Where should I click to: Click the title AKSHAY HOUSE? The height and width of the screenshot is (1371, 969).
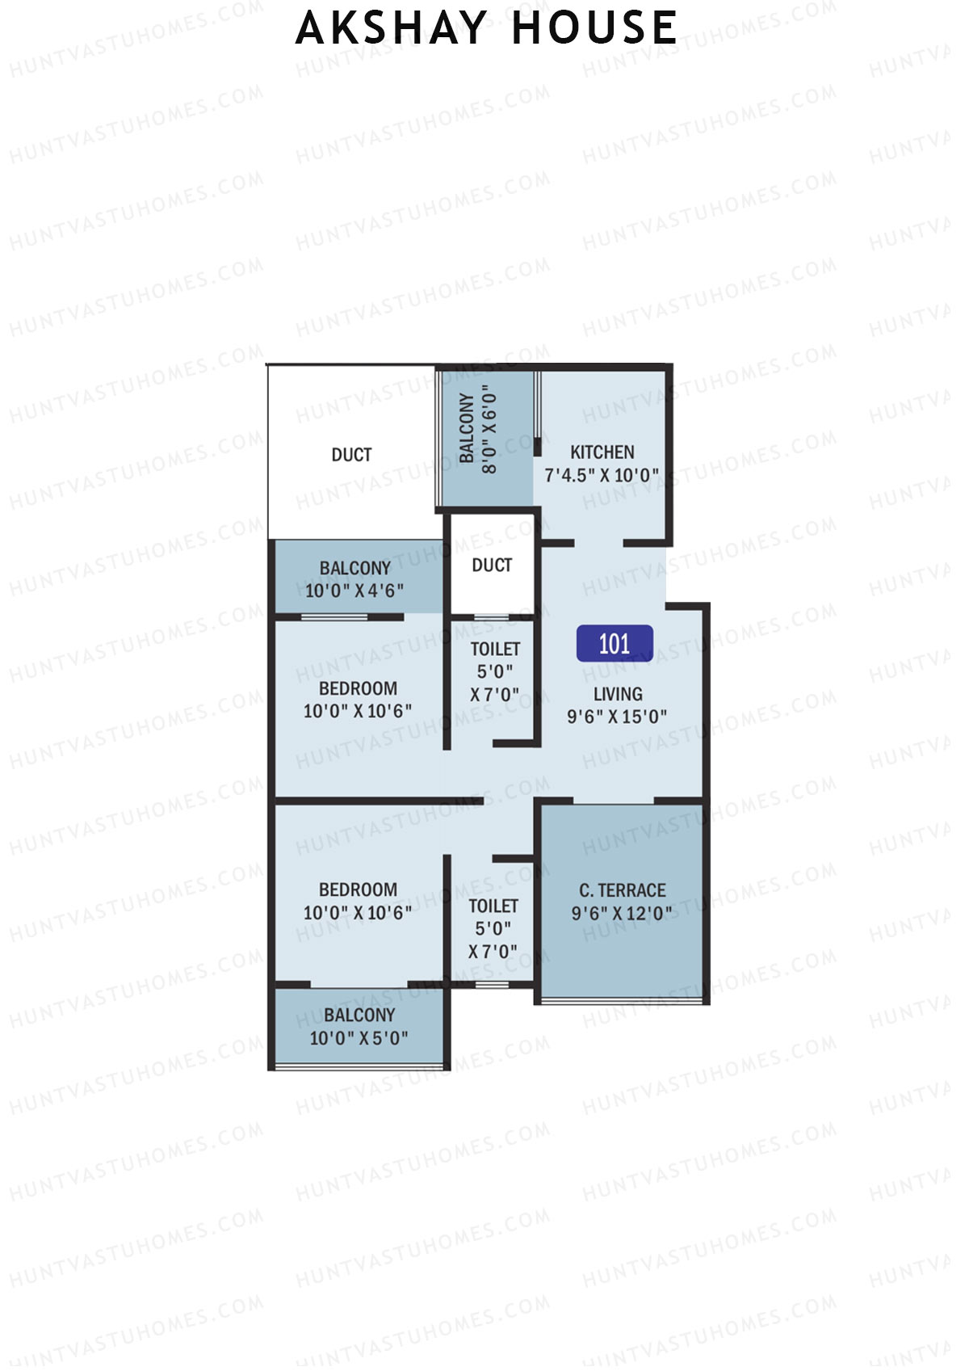tap(486, 28)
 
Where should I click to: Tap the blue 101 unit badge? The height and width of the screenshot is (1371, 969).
tap(615, 644)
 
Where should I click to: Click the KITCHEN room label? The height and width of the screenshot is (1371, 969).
tap(602, 452)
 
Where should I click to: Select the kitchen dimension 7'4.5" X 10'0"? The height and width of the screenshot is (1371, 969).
tap(602, 475)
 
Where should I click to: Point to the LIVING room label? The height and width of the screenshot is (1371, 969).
tap(618, 694)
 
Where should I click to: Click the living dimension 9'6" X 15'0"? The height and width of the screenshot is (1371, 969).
tap(617, 717)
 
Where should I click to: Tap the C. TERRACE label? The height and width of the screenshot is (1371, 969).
tap(623, 890)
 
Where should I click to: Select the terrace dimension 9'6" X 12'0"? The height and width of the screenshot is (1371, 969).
tap(622, 914)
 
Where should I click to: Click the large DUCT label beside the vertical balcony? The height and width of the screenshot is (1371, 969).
tap(352, 455)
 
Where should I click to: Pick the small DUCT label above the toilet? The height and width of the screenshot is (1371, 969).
tap(492, 566)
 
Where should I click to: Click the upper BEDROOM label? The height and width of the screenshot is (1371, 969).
tap(358, 689)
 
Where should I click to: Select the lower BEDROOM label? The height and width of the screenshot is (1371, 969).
tap(358, 890)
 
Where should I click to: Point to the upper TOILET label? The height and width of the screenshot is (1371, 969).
tap(495, 650)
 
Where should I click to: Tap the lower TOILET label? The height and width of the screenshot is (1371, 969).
tap(493, 906)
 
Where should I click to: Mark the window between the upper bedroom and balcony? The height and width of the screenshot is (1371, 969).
tap(333, 617)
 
